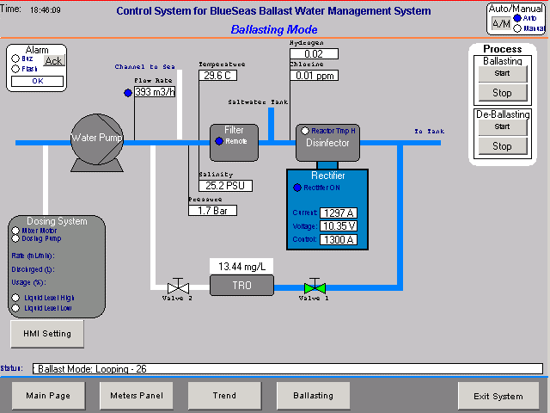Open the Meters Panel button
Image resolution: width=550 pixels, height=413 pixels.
tap(136, 396)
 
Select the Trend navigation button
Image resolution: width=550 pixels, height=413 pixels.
tap(223, 396)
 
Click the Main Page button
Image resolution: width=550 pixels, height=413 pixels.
tap(47, 396)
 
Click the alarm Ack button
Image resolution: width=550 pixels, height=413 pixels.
tap(54, 60)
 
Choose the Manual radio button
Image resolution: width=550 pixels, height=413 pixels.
tap(516, 28)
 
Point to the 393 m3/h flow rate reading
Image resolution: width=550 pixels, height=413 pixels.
tap(154, 92)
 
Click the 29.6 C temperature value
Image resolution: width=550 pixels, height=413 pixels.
tap(218, 76)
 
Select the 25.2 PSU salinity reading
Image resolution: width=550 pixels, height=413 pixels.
tap(222, 185)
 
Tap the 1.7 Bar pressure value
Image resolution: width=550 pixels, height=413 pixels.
tap(211, 210)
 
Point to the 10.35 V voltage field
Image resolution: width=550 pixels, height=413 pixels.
tap(338, 225)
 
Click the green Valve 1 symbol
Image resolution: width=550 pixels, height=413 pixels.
tap(315, 285)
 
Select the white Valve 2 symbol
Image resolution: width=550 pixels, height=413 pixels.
tap(179, 285)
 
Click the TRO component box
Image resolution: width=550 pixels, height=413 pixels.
tap(241, 285)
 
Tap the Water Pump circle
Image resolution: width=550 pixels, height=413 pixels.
tap(96, 138)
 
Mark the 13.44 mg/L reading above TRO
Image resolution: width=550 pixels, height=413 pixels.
tap(241, 266)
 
